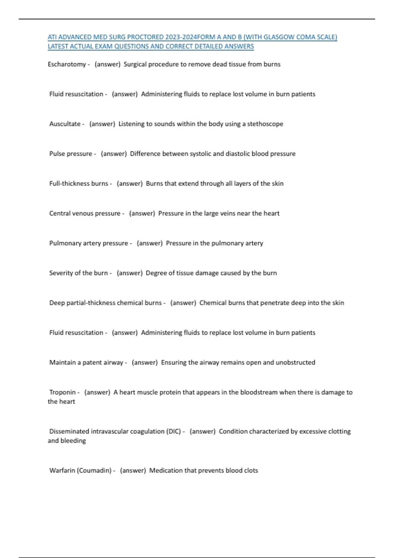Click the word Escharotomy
[x=67, y=64]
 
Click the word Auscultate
[x=65, y=124]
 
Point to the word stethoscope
[x=265, y=124]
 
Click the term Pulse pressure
[x=71, y=154]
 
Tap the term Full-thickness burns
[x=79, y=184]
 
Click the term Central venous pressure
[x=85, y=214]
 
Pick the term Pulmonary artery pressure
[x=89, y=244]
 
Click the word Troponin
[x=62, y=393]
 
